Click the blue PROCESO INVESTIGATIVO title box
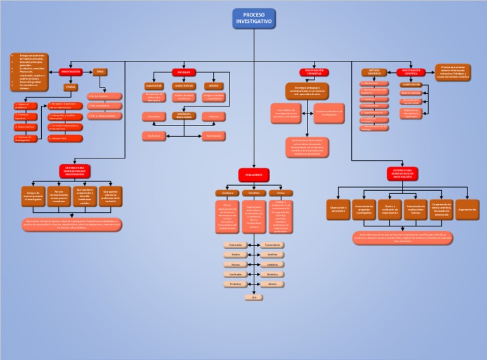254,19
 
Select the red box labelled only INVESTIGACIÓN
75,72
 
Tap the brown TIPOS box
100,72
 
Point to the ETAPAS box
71,87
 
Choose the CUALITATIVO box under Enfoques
153,86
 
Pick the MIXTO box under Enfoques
214,86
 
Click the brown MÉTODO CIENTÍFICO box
374,72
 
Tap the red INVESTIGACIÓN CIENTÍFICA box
411,72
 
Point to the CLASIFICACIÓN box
411,84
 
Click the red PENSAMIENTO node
254,174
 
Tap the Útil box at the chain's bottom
254,297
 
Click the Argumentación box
467,209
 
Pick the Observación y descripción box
338,209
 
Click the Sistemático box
235,245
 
